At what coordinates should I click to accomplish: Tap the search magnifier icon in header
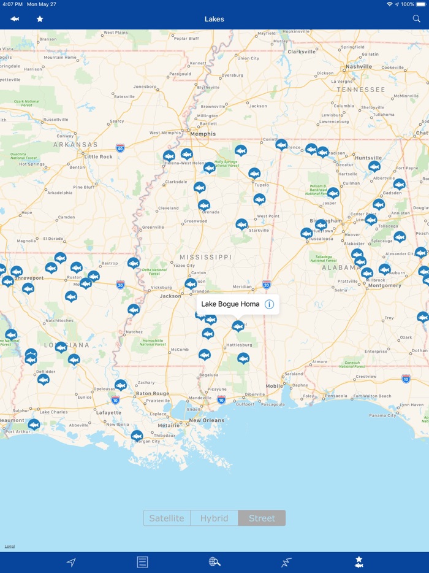pos(417,19)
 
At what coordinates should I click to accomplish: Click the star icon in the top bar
pos(40,19)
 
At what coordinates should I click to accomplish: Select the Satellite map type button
pos(167,518)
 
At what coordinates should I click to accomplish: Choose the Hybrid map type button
pos(214,518)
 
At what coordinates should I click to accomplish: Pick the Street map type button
pos(262,518)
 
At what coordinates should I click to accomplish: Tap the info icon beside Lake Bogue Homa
pos(269,304)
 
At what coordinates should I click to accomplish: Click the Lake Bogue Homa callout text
pos(230,304)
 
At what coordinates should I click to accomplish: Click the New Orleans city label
pos(207,420)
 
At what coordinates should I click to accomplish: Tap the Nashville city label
pos(359,66)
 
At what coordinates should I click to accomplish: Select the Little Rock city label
pos(99,156)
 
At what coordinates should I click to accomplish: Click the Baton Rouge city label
pos(152,393)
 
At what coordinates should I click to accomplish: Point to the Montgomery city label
pos(384,285)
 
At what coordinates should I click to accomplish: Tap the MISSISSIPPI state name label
pos(205,257)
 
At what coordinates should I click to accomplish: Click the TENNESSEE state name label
pos(360,90)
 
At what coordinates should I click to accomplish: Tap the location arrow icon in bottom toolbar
pos(71,562)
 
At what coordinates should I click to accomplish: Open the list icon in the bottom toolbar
pos(142,562)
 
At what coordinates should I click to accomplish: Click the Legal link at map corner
pos(9,546)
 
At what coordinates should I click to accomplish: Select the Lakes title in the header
pos(214,19)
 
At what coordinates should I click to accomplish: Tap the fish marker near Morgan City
pos(137,436)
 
